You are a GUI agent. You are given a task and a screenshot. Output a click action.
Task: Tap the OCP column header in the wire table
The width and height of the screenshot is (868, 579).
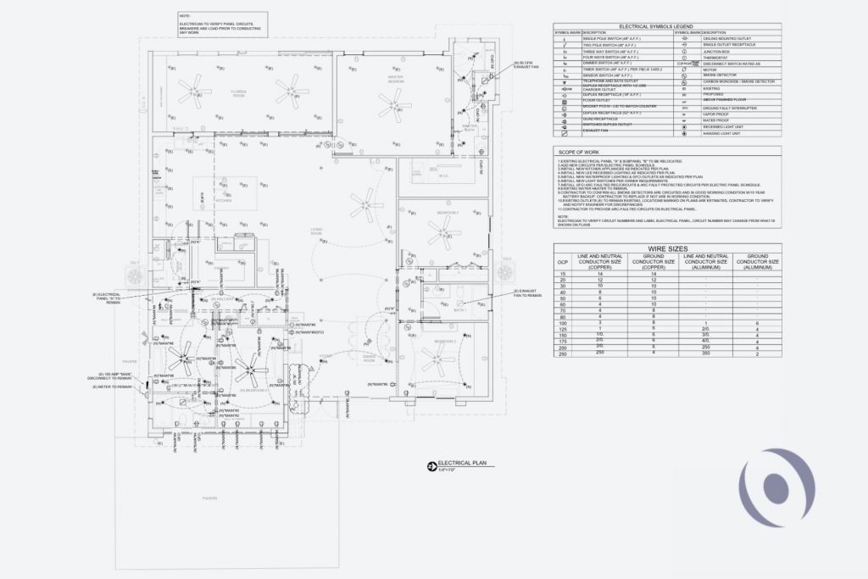pos(562,262)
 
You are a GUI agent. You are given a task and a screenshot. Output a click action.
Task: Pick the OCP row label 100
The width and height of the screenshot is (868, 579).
pos(562,323)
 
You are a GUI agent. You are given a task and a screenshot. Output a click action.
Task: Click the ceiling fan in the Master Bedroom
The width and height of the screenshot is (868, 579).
pos(392,104)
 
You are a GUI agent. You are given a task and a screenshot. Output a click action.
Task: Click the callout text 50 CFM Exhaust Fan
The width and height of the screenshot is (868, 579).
pos(526,64)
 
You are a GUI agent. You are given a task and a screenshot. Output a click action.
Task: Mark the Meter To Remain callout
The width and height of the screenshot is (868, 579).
pos(113,387)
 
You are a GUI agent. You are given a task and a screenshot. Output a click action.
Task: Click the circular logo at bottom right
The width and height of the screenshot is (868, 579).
pos(777,485)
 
